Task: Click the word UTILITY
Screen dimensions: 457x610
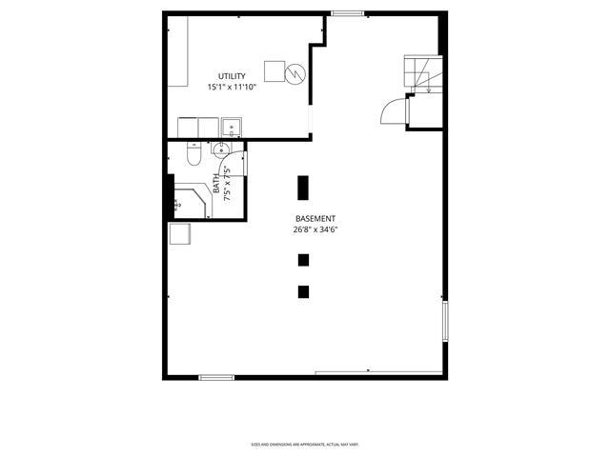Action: tap(232, 76)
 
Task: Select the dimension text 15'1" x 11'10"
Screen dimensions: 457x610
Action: tap(232, 87)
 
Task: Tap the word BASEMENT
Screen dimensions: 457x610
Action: tap(315, 218)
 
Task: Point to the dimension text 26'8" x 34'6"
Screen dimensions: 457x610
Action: tap(315, 229)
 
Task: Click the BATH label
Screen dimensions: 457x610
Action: tap(216, 183)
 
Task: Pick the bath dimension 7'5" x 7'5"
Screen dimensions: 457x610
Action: tap(227, 183)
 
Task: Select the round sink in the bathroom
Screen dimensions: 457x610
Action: tap(221, 149)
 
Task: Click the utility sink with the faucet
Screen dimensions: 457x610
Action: tap(230, 127)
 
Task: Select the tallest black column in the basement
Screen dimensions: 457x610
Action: tap(303, 187)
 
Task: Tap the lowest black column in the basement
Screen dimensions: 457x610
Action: tap(303, 292)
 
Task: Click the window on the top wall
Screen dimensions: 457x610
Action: tap(347, 12)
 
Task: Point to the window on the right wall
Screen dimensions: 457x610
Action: tap(444, 321)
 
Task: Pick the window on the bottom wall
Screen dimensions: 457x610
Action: tap(216, 378)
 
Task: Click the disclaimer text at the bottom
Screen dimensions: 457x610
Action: tap(304, 445)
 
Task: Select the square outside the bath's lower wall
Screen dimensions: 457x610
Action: tap(180, 234)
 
